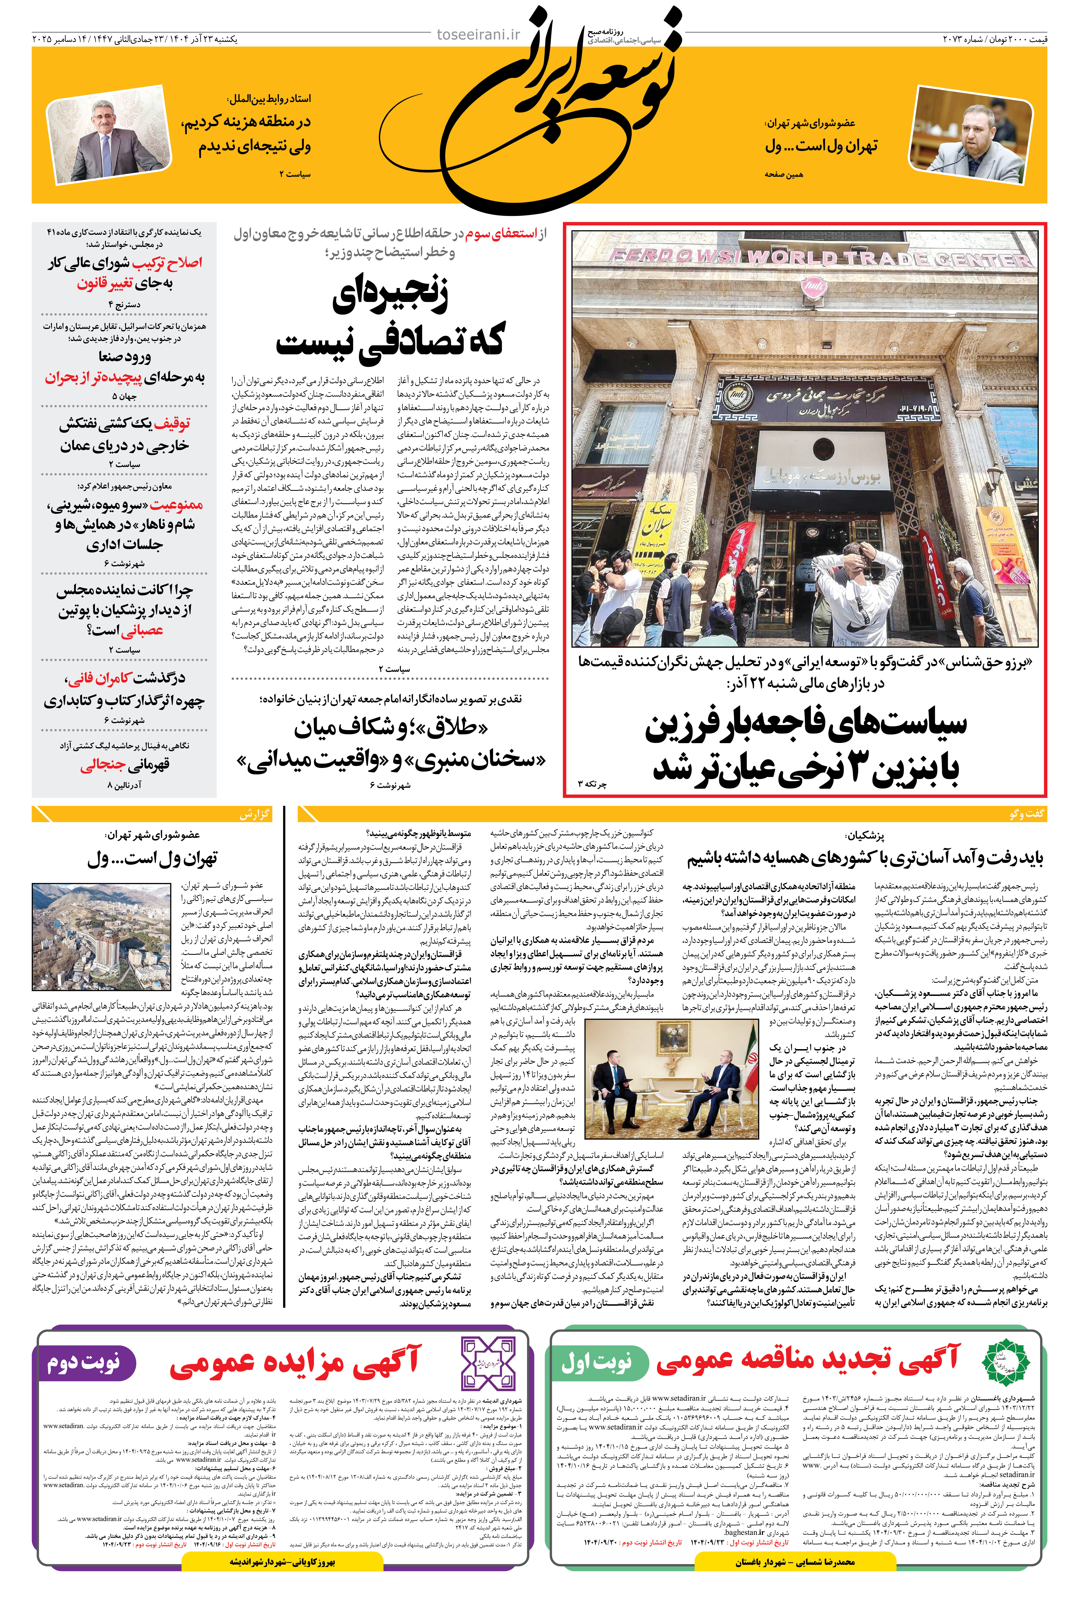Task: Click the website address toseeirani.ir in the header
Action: (x=478, y=34)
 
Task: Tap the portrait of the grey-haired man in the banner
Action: (x=109, y=140)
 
